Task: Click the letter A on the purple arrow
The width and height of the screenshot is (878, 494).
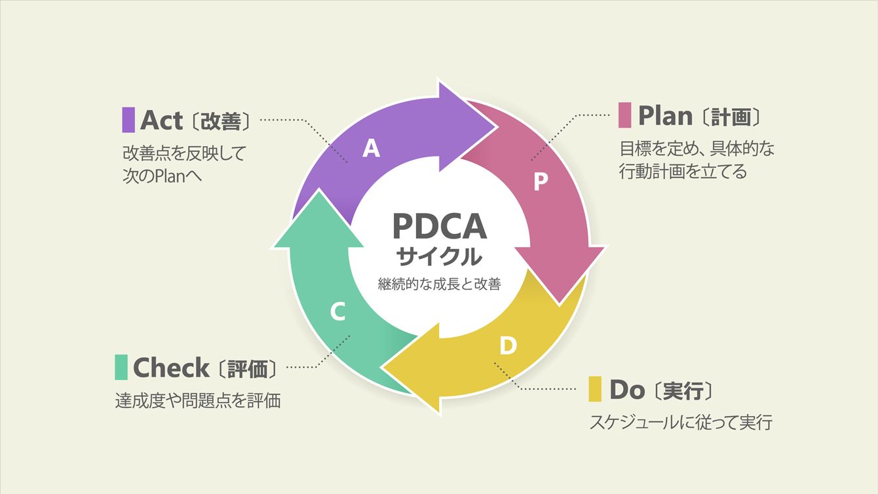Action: pyautogui.click(x=372, y=149)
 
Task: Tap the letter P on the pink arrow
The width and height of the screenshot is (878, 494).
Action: pyautogui.click(x=540, y=182)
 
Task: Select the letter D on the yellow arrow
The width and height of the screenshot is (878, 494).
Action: pyautogui.click(x=508, y=345)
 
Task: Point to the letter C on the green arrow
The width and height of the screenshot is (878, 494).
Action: pyautogui.click(x=337, y=313)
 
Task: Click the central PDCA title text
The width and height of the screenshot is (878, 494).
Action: pyautogui.click(x=440, y=226)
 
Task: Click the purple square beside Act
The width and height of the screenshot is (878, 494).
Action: pyautogui.click(x=128, y=120)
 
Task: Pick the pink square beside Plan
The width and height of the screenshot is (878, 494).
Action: pyautogui.click(x=624, y=115)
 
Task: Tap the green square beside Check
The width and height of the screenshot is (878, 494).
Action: pyautogui.click(x=121, y=367)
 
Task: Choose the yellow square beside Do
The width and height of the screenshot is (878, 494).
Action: pyautogui.click(x=595, y=389)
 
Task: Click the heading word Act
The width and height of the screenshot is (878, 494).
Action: pyautogui.click(x=161, y=120)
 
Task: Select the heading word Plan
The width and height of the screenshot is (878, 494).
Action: pyautogui.click(x=665, y=116)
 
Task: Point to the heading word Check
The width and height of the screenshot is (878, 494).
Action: pyautogui.click(x=171, y=368)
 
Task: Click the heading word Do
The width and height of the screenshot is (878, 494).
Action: pyautogui.click(x=627, y=390)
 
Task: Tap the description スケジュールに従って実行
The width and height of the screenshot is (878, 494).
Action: pyautogui.click(x=681, y=422)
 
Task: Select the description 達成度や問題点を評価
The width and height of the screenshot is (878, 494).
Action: pyautogui.click(x=198, y=400)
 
